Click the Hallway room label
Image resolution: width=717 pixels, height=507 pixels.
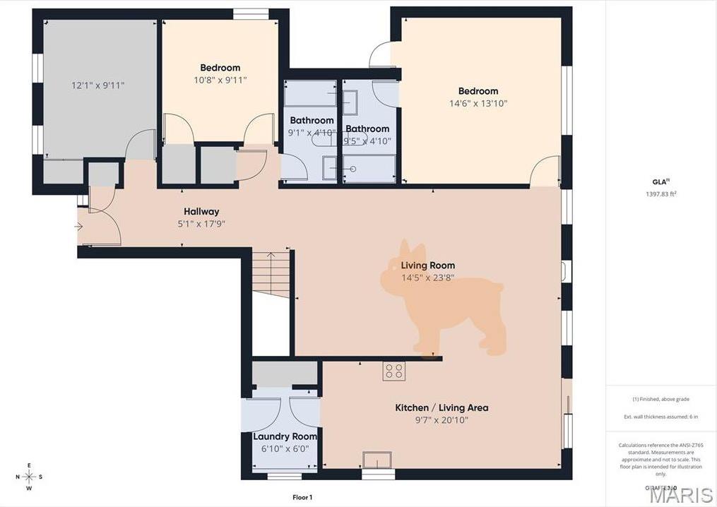coord(201,211)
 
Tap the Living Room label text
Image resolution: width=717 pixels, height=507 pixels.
coord(428,266)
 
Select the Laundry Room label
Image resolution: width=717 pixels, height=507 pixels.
coord(280,436)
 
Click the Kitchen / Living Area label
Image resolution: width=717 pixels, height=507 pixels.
coord(442,407)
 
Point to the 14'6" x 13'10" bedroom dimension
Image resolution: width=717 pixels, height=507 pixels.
coord(478,103)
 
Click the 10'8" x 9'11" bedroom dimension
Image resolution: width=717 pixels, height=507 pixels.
coord(220,80)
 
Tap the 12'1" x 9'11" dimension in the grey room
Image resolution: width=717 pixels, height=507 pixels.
coord(98,85)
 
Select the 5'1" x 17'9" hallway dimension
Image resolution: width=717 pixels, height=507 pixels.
coord(201,224)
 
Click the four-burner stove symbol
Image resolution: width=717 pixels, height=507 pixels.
coord(394,371)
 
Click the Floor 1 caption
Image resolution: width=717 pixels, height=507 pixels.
coord(302,498)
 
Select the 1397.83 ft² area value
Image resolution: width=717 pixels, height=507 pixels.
coord(660,193)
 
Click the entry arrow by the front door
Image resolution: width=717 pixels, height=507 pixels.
coord(78,227)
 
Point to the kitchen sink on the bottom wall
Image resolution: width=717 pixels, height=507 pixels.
coord(377,460)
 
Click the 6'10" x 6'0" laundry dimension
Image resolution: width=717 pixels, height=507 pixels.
coord(280,448)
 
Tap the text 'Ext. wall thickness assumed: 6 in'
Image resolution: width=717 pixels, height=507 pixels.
coord(660,417)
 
